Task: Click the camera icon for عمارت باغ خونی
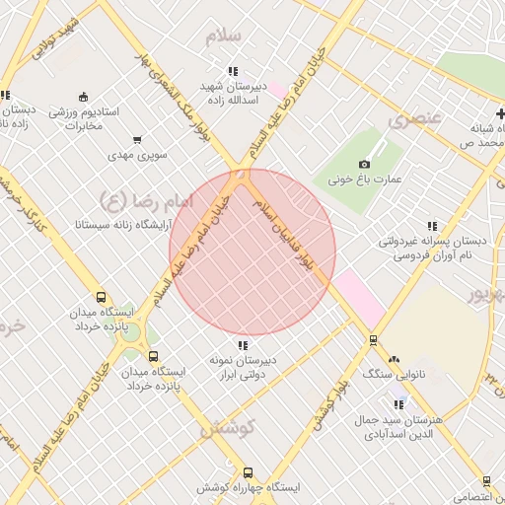[x=364, y=164]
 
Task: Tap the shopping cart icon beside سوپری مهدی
[x=136, y=139]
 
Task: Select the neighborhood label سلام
[x=223, y=36]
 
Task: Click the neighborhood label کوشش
[x=228, y=428]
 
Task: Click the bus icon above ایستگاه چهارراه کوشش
[x=248, y=472]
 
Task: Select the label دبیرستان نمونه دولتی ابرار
[x=243, y=368]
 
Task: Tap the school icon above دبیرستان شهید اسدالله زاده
[x=233, y=71]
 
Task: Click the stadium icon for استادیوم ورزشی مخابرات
[x=84, y=97]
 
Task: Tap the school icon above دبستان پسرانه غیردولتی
[x=431, y=226]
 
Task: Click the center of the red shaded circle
[x=252, y=252]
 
